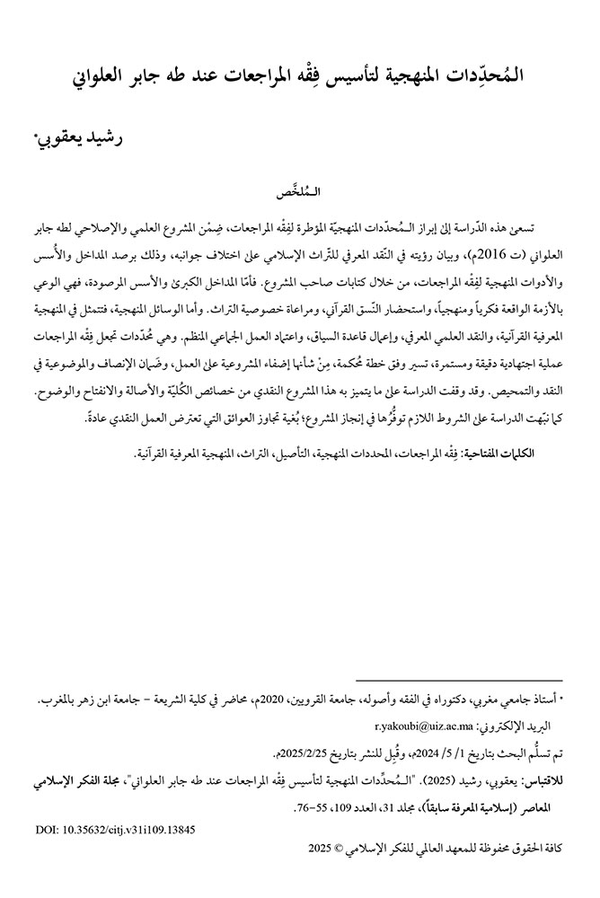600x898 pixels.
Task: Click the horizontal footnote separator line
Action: (x=459, y=682)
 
